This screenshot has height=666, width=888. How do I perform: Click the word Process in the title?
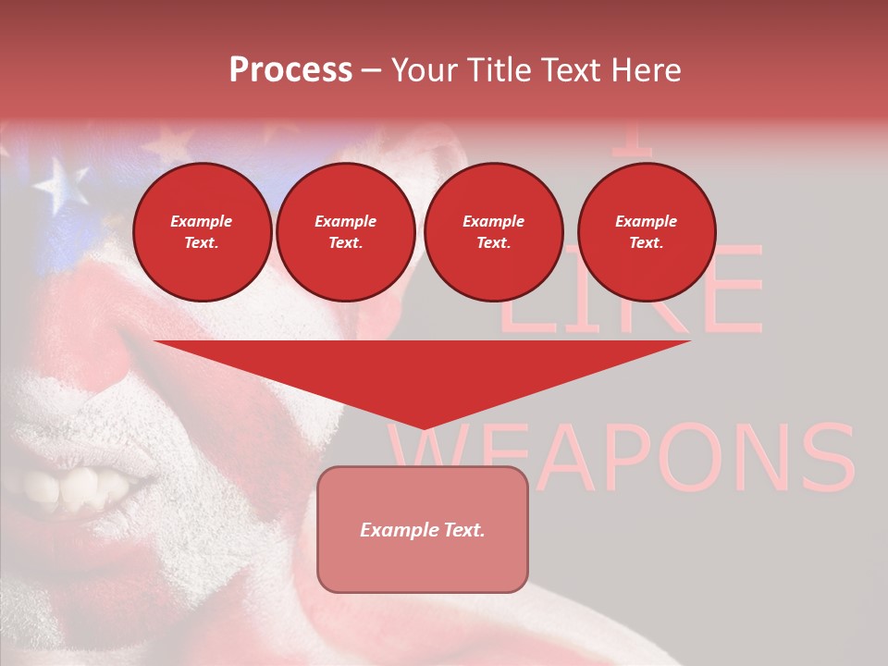click(290, 70)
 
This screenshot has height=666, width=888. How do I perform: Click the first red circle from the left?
click(202, 231)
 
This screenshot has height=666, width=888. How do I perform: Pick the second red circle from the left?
click(345, 231)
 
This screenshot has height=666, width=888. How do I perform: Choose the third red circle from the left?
click(493, 231)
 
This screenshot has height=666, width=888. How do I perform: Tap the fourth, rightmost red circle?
click(646, 231)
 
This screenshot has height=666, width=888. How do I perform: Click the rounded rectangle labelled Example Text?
click(422, 529)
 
